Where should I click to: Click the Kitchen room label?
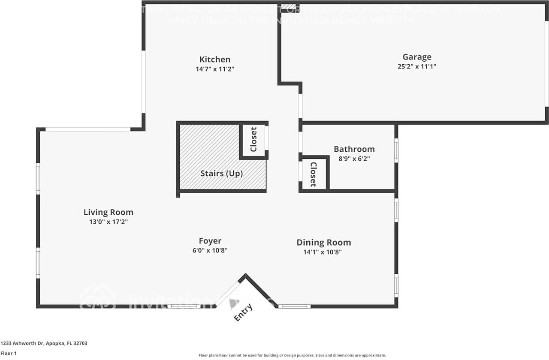(214, 60)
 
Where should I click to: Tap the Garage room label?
(416, 57)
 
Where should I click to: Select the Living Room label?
(108, 212)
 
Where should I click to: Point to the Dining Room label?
(323, 243)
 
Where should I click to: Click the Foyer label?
(210, 241)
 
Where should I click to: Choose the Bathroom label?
(354, 149)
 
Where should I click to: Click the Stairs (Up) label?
(221, 174)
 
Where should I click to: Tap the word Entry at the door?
(243, 312)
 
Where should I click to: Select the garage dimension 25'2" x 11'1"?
(416, 66)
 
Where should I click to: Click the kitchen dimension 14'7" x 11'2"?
(214, 69)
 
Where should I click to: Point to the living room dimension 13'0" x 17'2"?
(108, 222)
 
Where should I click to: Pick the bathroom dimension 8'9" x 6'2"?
(354, 158)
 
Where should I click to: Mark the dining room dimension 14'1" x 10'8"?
(323, 252)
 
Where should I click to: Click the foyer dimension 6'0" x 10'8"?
(210, 250)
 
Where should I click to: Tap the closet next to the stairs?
(253, 140)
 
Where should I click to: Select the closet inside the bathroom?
(314, 174)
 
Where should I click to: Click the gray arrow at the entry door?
(233, 304)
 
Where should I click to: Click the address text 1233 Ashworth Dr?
(44, 343)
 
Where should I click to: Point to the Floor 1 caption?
(8, 353)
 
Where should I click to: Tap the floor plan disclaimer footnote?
(292, 355)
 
